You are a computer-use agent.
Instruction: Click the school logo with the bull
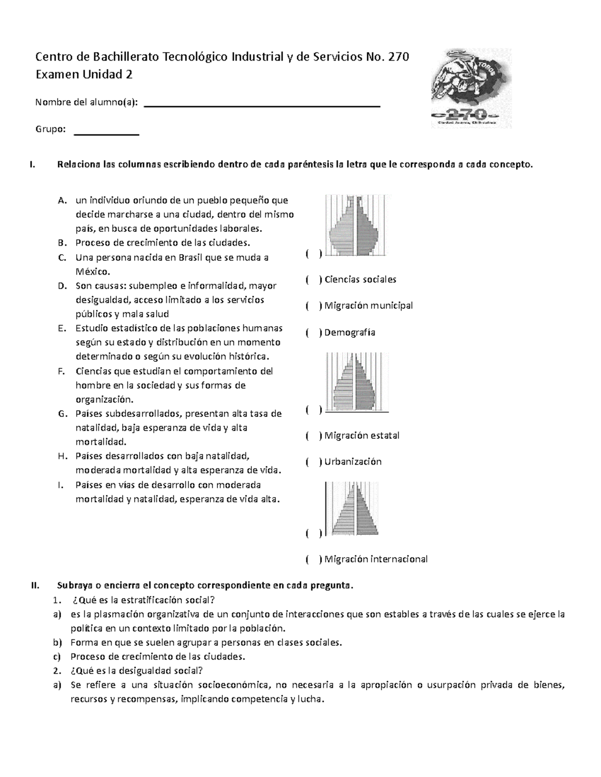471,89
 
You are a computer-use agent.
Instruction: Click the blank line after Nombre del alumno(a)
262,106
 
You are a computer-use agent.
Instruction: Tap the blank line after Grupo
106,134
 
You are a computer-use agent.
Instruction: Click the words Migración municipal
369,306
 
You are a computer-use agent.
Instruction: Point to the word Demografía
350,333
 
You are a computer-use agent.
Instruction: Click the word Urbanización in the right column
353,462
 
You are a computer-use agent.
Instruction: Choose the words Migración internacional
376,559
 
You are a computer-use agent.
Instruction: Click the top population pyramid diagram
356,226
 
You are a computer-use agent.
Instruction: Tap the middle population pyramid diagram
356,381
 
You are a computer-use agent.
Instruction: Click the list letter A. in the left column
62,201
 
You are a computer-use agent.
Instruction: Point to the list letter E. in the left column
62,329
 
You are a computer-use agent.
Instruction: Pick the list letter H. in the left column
62,456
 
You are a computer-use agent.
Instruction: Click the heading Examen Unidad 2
84,75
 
